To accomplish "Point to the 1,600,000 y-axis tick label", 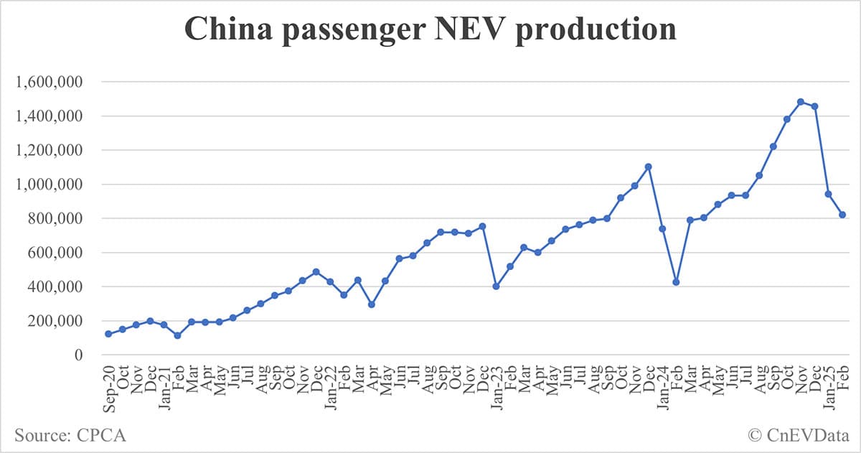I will pos(48,82).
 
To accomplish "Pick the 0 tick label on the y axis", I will pos(78,355).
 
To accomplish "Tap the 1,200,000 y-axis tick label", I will pos(48,150).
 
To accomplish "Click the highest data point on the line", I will pos(801,102).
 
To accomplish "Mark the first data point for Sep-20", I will pos(108,334).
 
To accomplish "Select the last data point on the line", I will pos(842,215).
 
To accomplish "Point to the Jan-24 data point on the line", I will pos(662,229).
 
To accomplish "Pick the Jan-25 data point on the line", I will pos(828,194).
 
